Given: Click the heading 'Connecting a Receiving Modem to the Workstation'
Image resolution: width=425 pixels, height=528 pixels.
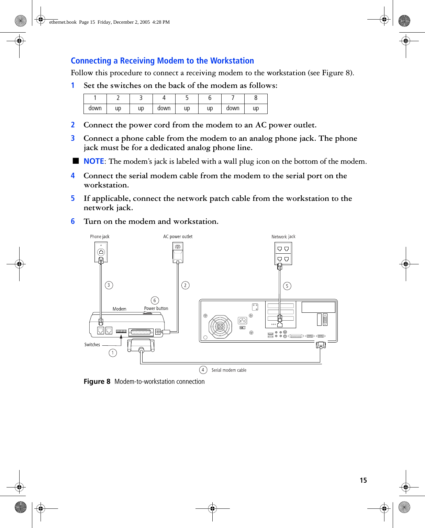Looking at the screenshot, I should coord(162,61).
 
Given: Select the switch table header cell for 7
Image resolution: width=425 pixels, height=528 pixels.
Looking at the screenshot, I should coord(233,98).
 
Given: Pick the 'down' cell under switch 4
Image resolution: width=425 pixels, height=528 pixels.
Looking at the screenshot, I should coord(164,108).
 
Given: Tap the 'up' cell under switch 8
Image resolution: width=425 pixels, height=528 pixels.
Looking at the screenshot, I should coord(256,108).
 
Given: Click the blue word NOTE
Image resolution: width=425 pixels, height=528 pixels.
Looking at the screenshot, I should coord(94,161).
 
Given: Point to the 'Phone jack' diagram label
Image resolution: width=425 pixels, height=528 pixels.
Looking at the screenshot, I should coord(100,237).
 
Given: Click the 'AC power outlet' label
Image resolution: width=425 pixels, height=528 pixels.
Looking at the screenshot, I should coord(178,237).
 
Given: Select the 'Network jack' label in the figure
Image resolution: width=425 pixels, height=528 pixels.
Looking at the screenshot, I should coord(283,237).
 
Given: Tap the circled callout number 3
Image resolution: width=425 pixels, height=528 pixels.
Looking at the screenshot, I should coord(109,285).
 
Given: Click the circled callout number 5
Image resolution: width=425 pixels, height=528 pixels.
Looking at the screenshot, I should coord(287,286).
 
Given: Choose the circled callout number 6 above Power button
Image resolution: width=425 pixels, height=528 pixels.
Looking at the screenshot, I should coord(155,300).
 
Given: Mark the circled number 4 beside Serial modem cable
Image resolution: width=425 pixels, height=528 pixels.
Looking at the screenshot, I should coord(203,370).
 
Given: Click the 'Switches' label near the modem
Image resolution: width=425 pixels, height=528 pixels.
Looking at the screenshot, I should coord(92,345).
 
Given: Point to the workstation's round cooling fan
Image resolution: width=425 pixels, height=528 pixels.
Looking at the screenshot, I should coord(220,326).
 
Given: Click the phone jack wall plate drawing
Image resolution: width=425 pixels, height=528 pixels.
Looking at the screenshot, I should coord(101,252).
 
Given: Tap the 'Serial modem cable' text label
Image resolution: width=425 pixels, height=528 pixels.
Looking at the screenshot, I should coord(229,370).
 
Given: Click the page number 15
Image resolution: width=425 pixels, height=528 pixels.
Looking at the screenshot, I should coord(363,480).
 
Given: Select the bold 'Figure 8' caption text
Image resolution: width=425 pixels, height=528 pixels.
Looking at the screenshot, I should coord(97,382).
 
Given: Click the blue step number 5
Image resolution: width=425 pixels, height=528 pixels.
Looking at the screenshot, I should coord(73,198).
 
